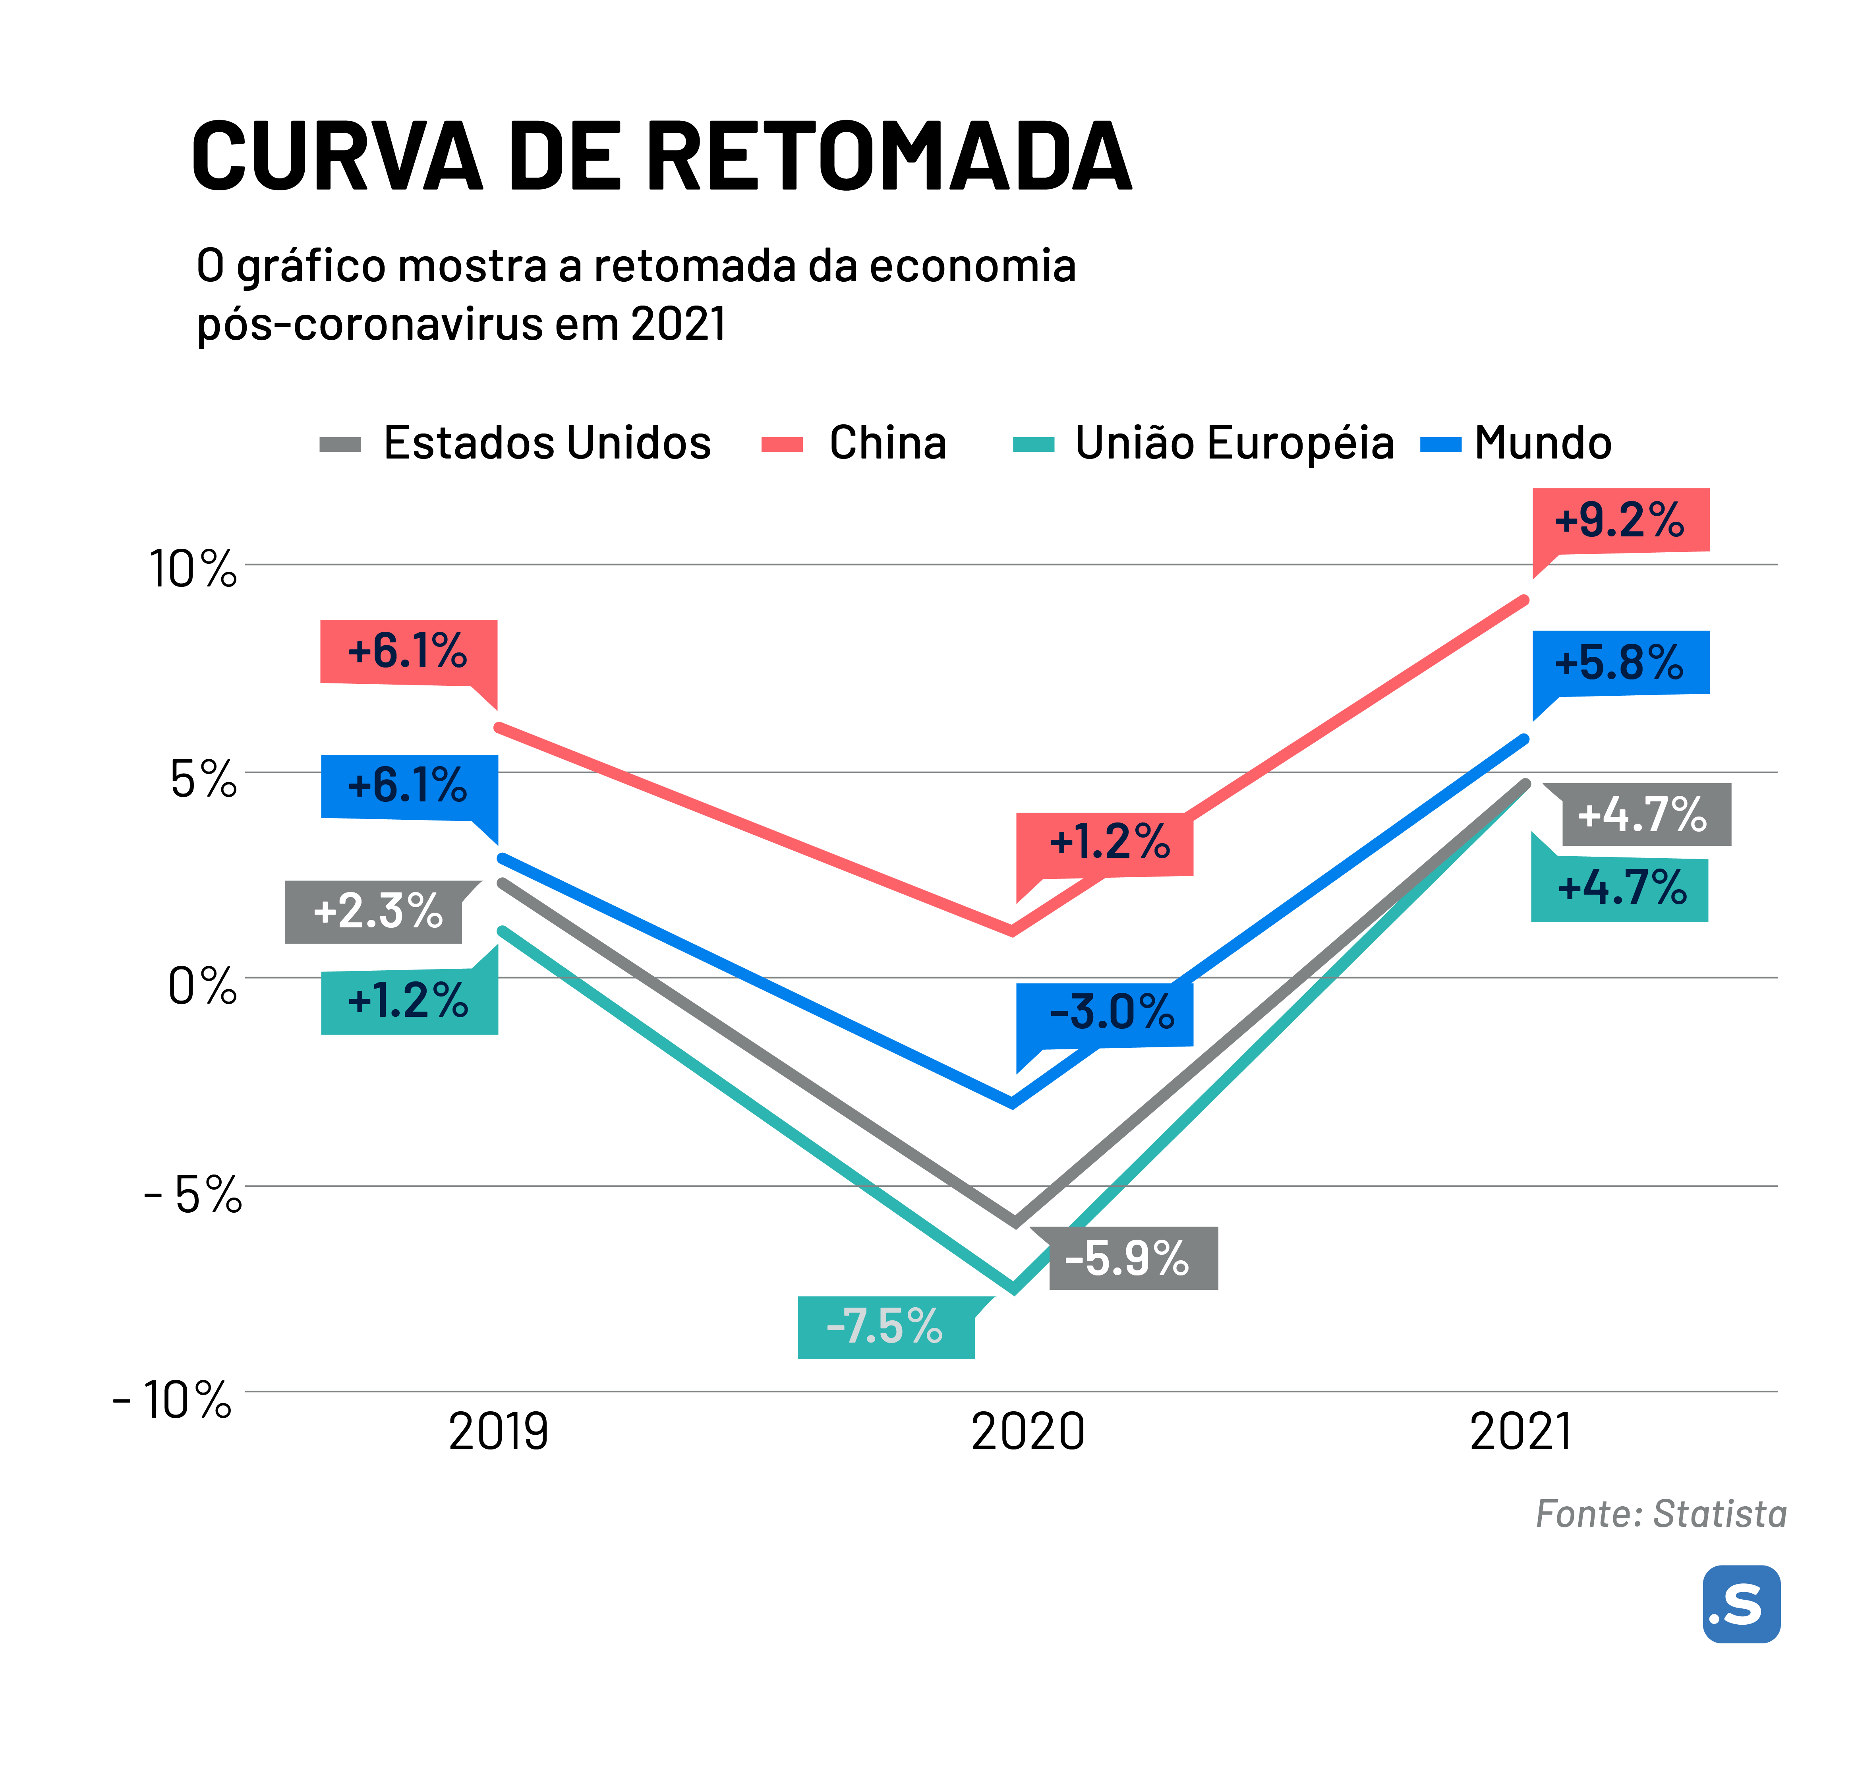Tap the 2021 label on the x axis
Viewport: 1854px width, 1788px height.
(1520, 1431)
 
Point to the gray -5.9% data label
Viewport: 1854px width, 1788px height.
(1127, 1258)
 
